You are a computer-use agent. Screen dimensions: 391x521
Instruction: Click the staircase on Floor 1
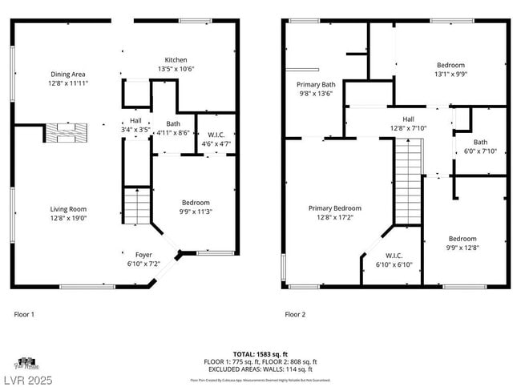tap(136, 207)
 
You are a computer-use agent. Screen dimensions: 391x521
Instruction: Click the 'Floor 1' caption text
tap(24, 315)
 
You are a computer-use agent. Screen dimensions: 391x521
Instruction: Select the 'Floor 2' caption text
tap(295, 315)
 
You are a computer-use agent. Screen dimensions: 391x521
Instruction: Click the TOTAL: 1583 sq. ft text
tap(260, 353)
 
